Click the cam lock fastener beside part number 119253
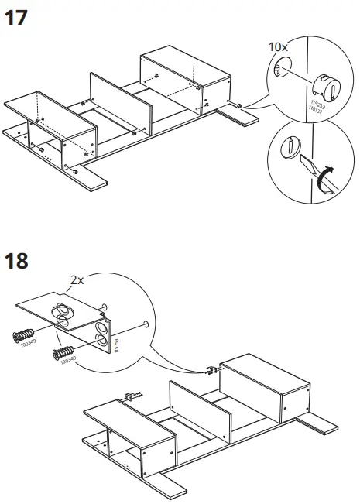(x=324, y=87)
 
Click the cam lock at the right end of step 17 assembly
(x=242, y=105)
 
